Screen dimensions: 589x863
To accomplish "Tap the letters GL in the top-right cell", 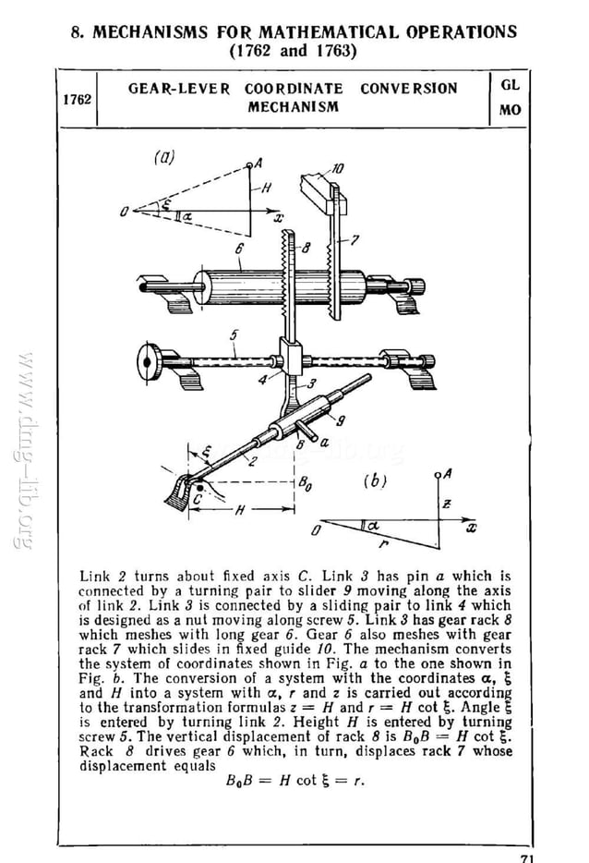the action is (510, 84).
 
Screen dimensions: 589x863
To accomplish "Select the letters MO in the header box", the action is (510, 110).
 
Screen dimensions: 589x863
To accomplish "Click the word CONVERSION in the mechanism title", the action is (408, 89).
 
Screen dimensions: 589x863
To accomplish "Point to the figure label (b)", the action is (375, 480).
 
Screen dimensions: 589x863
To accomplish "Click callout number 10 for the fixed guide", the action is (338, 168).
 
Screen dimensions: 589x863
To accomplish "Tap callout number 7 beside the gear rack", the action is (352, 240).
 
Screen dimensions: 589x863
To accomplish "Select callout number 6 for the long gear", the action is (238, 249).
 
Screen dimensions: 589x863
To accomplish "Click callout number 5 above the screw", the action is (234, 335).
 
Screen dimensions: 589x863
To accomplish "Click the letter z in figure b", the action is (446, 504).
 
